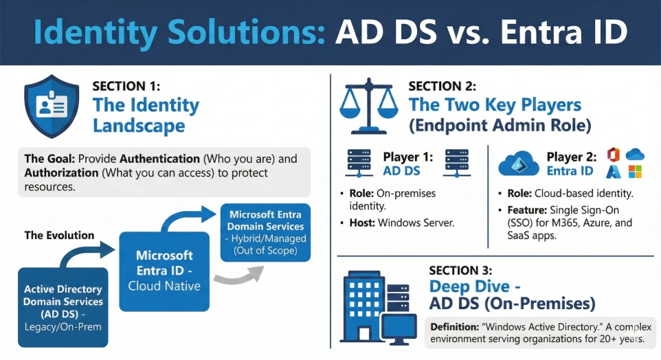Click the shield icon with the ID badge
pyautogui.click(x=52, y=106)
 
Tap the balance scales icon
pyautogui.click(x=369, y=106)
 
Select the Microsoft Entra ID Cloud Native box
pyautogui.click(x=164, y=271)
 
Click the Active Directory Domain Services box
pyautogui.click(x=63, y=307)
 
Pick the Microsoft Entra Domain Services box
pyautogui.click(x=266, y=232)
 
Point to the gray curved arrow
pyautogui.click(x=239, y=275)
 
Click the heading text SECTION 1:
pyautogui.click(x=126, y=86)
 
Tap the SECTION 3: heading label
pyautogui.click(x=460, y=270)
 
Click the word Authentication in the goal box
pyautogui.click(x=160, y=159)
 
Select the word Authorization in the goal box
pyautogui.click(x=62, y=173)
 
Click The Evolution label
pyautogui.click(x=60, y=235)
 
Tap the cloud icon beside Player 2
pyautogui.click(x=519, y=164)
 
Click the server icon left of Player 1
pyautogui.click(x=359, y=162)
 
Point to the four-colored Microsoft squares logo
pyautogui.click(x=635, y=172)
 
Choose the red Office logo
pyautogui.click(x=614, y=155)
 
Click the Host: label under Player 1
pyautogui.click(x=362, y=223)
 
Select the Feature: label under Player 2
pyautogui.click(x=527, y=210)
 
